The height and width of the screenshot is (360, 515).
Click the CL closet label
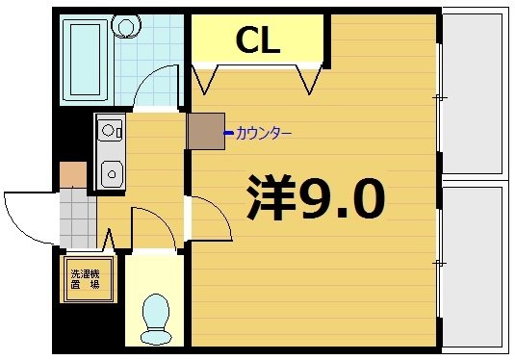257,39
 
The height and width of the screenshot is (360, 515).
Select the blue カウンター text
263,133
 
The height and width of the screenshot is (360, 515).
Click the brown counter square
205,132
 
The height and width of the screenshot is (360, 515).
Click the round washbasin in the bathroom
124,26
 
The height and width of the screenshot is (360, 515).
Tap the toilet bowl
154,317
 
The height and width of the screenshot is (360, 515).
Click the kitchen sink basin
112,174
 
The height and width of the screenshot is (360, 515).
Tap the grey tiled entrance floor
74,219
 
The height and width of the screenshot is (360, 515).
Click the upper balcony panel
475,93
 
